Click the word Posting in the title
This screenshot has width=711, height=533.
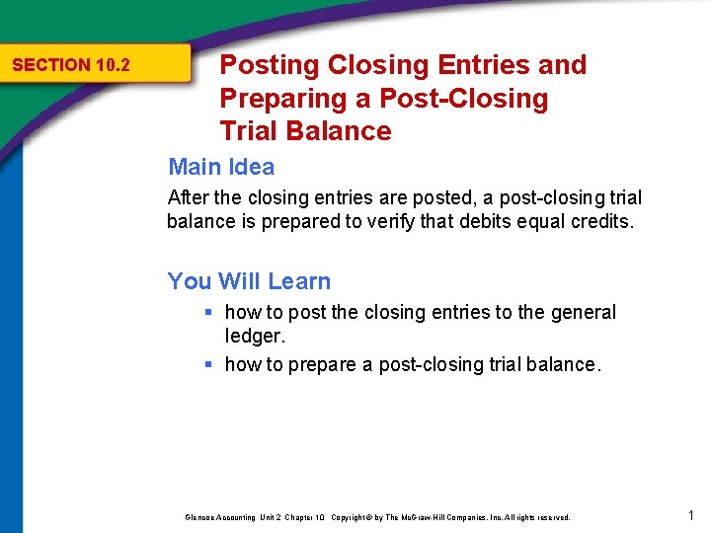(270, 65)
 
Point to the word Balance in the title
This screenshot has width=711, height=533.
(350, 131)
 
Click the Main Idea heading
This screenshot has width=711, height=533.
(221, 167)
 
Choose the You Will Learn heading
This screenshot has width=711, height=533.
(249, 281)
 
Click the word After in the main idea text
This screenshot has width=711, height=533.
(189, 197)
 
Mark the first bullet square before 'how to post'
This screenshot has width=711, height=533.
(208, 313)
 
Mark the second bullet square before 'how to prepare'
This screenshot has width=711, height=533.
(208, 365)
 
